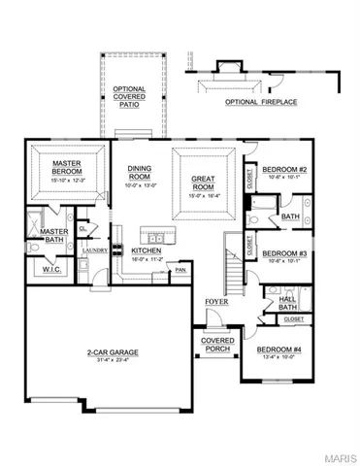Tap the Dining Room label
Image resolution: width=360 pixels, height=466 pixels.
coord(140,172)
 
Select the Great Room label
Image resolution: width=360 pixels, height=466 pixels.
coord(203,183)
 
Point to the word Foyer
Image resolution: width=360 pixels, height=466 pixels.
coord(216,303)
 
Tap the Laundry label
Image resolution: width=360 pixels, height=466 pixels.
coord(94,250)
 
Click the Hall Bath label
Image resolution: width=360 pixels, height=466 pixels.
coord(287,303)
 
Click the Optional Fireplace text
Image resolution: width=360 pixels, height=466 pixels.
coord(261,101)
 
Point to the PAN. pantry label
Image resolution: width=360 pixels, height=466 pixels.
coord(180,271)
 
